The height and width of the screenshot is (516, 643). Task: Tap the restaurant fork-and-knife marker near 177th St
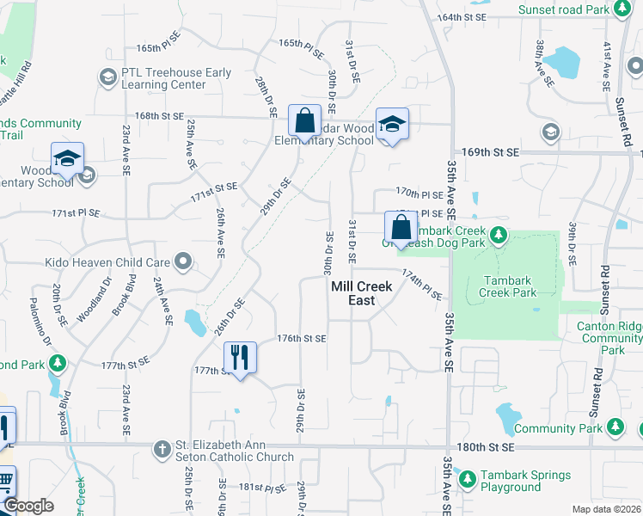[x=240, y=357]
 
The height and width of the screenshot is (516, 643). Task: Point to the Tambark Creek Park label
[x=510, y=286]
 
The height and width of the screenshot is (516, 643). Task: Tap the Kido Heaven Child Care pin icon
[x=182, y=260]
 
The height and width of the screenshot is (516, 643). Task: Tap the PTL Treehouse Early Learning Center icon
[x=107, y=79]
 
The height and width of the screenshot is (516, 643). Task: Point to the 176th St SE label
[x=301, y=339]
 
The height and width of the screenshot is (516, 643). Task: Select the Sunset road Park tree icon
[x=622, y=10]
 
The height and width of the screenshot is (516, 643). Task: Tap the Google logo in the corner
[x=28, y=506]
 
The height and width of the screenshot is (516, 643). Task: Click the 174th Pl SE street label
[x=422, y=284]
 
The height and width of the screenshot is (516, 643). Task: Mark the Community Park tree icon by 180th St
[x=615, y=427]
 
